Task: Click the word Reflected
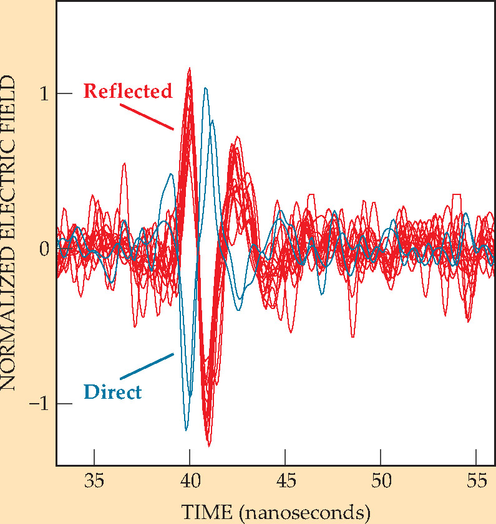click(127, 92)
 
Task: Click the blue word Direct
click(112, 393)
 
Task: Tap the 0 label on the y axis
click(44, 249)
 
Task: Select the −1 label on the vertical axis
click(39, 404)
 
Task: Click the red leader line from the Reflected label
click(146, 117)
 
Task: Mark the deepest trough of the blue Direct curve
click(186, 429)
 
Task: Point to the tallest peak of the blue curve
click(205, 88)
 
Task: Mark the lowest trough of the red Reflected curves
click(209, 445)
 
